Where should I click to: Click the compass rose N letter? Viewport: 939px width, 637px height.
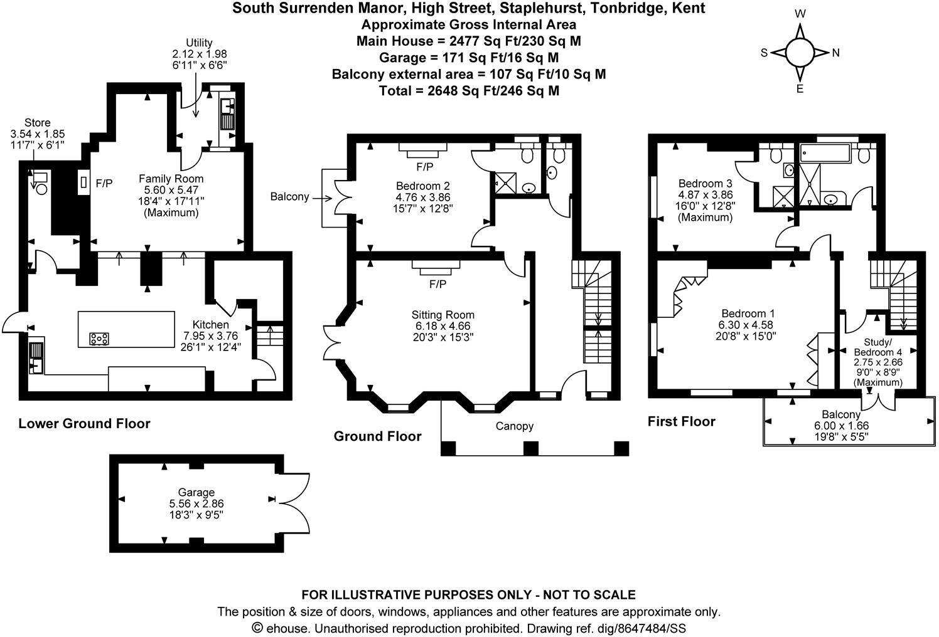(835, 53)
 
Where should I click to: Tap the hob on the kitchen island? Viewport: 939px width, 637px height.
(99, 339)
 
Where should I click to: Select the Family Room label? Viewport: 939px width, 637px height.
(171, 179)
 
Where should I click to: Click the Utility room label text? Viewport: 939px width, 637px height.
(198, 43)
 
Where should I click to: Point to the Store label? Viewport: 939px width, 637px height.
(37, 122)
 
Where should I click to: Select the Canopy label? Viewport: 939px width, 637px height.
(514, 426)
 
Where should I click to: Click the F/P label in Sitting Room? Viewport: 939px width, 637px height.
(437, 285)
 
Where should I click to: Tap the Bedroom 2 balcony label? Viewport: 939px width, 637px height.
(289, 197)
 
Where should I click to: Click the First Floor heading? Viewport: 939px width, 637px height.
(681, 421)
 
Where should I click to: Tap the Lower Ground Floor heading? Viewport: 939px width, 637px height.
(84, 424)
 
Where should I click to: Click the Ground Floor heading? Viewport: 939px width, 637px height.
(377, 436)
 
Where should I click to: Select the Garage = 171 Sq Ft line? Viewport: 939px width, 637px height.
(469, 58)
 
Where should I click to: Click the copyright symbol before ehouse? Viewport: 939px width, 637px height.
(257, 628)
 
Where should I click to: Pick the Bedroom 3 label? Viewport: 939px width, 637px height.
(705, 184)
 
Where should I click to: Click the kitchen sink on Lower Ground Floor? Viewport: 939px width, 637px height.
(37, 357)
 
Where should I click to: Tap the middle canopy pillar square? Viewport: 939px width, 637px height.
(531, 448)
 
